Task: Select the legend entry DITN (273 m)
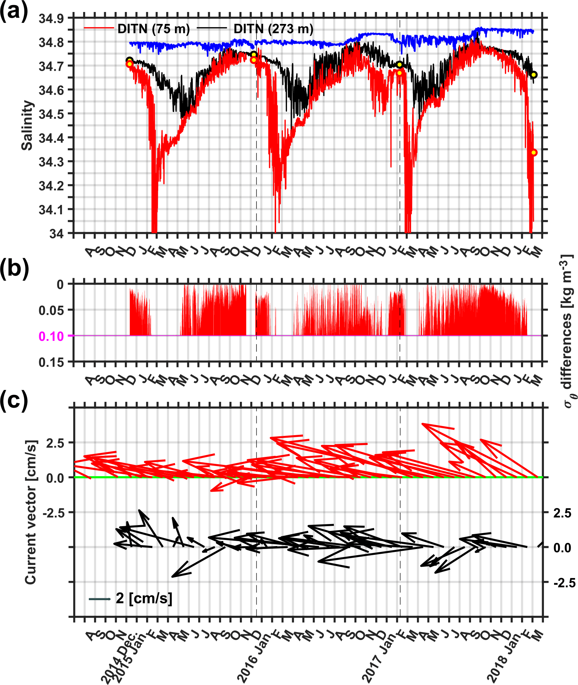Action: tap(273, 29)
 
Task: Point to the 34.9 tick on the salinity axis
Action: tap(51, 18)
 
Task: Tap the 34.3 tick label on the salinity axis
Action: tap(51, 162)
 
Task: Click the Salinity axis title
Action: tap(27, 125)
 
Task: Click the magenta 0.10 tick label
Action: tap(51, 336)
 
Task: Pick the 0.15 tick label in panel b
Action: tap(51, 362)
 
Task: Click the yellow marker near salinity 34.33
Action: tap(534, 152)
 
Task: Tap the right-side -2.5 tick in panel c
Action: tap(564, 582)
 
